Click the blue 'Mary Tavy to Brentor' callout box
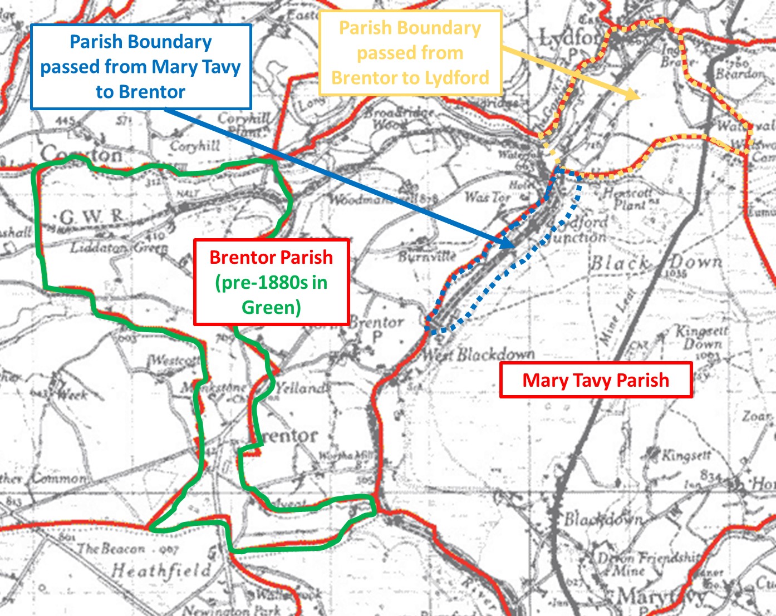click(141, 67)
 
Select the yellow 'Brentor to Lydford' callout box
click(410, 53)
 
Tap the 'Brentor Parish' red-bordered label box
click(271, 282)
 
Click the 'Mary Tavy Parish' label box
click(596, 380)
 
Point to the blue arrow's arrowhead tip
click(513, 247)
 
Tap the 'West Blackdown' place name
click(479, 354)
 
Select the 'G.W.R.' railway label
click(92, 217)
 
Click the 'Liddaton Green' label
click(119, 248)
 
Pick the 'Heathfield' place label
click(161, 570)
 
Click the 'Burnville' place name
click(428, 257)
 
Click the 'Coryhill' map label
click(195, 146)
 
